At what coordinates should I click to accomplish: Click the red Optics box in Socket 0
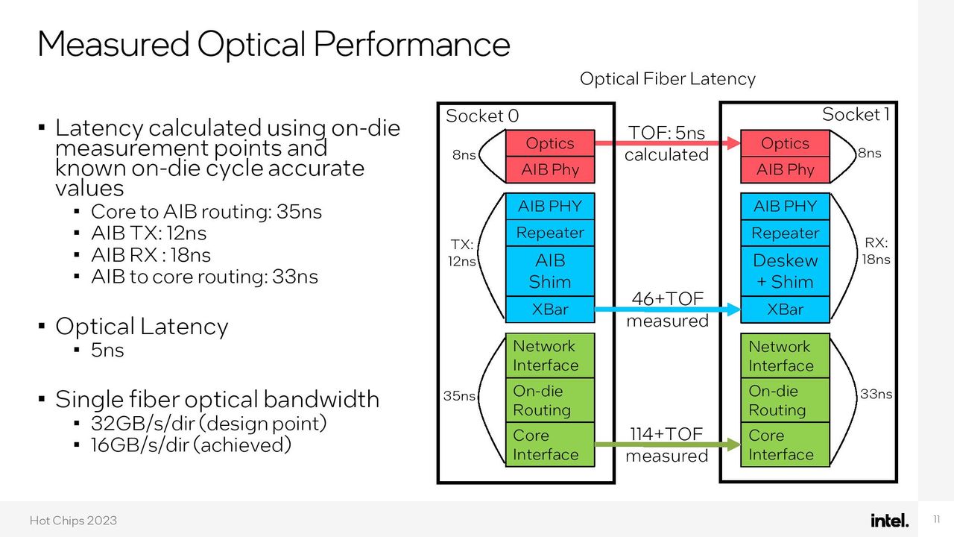550,143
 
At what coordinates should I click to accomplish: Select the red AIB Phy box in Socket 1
785,169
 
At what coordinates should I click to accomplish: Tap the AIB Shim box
550,271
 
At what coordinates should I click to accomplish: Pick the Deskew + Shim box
785,271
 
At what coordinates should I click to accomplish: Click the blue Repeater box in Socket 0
550,233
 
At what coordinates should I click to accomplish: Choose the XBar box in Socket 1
785,310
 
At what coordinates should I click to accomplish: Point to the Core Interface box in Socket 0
550,445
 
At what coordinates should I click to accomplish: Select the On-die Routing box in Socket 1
785,401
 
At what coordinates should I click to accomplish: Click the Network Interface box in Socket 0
550,356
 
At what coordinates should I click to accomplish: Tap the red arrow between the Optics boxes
668,143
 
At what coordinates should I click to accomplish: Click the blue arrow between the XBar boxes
668,310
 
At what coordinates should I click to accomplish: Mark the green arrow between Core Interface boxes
668,445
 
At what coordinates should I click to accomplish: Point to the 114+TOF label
666,434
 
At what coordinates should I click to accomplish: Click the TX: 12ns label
461,253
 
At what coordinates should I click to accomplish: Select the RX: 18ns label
876,251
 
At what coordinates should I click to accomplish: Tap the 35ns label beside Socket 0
459,396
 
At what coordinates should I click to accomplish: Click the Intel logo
889,520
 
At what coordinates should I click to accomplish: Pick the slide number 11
936,519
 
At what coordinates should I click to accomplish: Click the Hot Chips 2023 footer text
73,521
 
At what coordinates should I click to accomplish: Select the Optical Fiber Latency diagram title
667,79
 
